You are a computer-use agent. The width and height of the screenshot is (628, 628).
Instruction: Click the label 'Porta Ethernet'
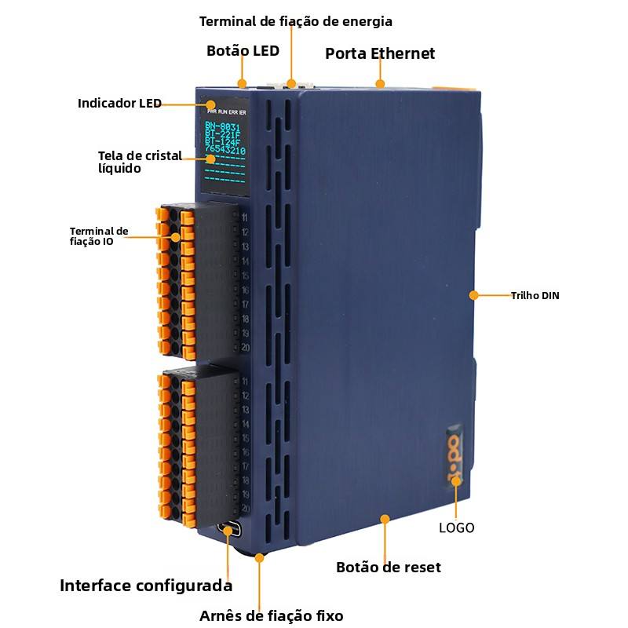coord(380,53)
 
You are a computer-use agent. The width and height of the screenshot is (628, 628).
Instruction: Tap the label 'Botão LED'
coord(243,50)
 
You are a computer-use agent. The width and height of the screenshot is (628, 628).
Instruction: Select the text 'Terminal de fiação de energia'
coord(296,21)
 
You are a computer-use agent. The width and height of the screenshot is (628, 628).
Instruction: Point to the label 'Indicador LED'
coord(119,103)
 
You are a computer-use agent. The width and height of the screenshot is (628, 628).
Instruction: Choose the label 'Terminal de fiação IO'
coord(99,236)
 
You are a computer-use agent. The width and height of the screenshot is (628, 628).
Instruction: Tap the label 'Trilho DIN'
coord(535,296)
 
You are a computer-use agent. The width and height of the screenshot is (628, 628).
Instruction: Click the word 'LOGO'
coord(456,528)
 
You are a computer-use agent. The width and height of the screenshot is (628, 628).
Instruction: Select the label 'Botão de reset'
coord(388,567)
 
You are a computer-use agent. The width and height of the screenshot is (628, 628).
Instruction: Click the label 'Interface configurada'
coord(146,586)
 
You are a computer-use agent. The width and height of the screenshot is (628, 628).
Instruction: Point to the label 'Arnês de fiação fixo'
coord(271,615)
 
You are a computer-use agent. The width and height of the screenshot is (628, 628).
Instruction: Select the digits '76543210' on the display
coord(225,150)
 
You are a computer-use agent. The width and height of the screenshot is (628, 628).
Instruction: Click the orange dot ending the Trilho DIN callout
coord(473,295)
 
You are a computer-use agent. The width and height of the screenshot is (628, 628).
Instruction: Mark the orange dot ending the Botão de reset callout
coord(385,519)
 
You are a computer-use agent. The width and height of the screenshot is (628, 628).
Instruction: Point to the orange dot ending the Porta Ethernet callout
coord(380,83)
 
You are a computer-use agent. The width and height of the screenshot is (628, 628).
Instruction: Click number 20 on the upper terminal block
coord(245,348)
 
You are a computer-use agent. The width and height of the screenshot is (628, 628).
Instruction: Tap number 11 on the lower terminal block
coord(245,382)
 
